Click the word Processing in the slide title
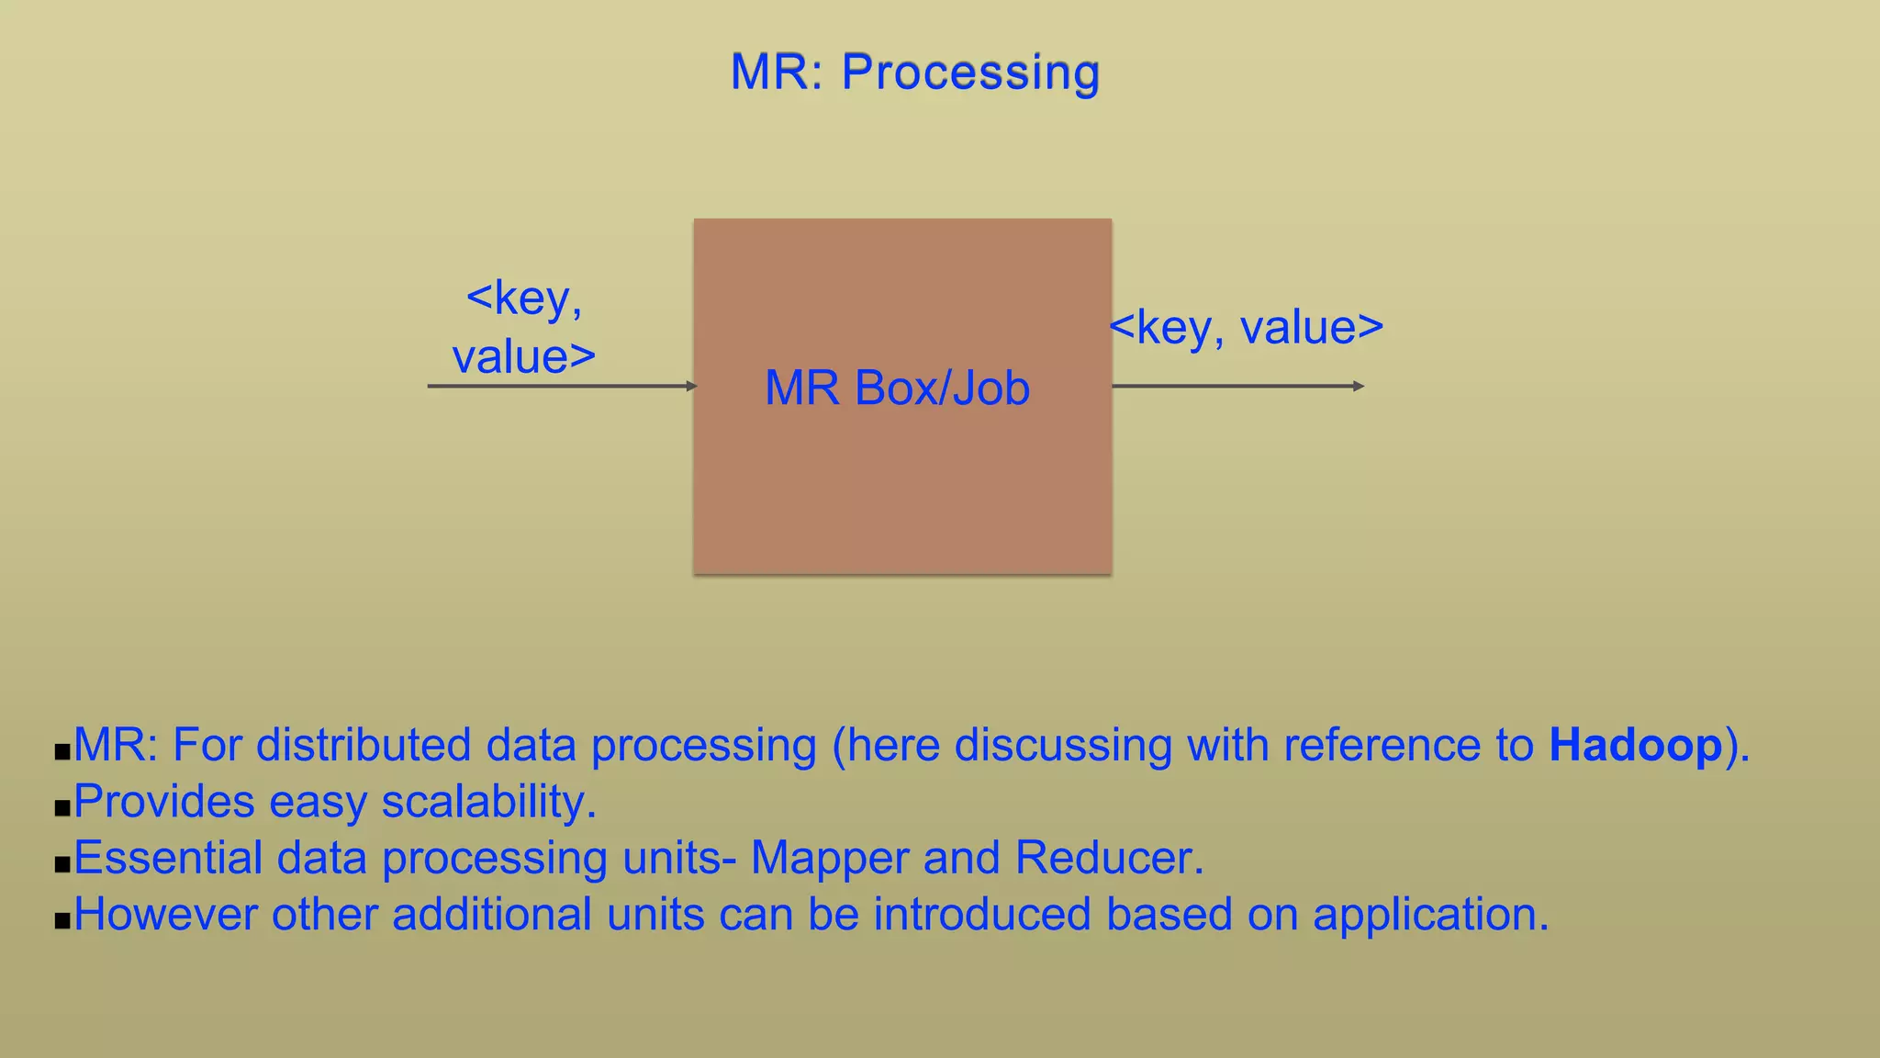tap(970, 73)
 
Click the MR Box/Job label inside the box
tap(897, 388)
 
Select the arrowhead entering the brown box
tap(692, 386)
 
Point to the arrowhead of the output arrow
tap(1359, 386)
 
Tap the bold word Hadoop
tap(1635, 745)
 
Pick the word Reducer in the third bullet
tap(1108, 859)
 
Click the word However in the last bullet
tap(165, 915)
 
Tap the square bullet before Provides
tap(62, 809)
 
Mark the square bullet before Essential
tap(62, 865)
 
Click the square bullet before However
tap(62, 921)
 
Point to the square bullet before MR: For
tap(62, 752)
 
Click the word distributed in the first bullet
tap(364, 745)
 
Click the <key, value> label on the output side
tap(1246, 328)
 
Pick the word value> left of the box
tap(524, 357)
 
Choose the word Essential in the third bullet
tap(168, 859)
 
